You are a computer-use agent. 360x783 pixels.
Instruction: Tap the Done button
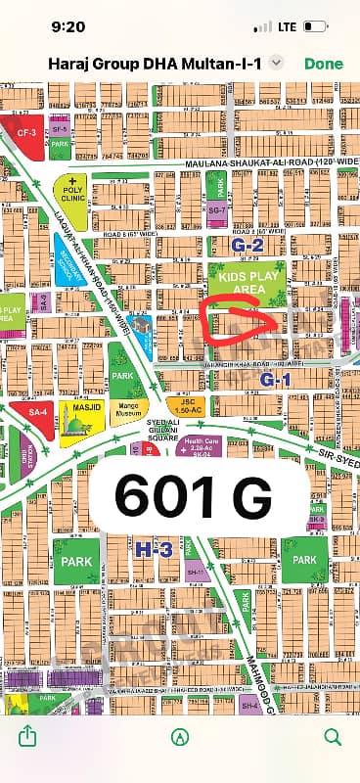point(324,63)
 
